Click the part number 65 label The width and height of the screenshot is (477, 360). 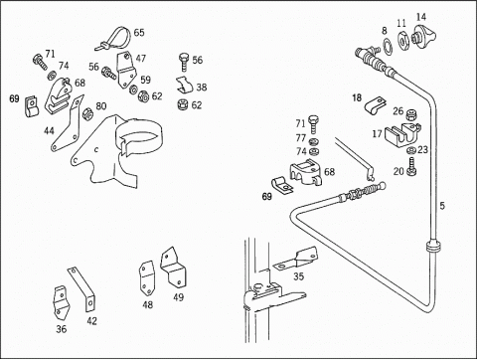point(139,33)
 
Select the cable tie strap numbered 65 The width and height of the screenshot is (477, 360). point(114,40)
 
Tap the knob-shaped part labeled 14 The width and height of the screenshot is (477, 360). point(423,37)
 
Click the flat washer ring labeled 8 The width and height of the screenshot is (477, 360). point(388,46)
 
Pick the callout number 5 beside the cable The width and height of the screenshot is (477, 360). point(442,206)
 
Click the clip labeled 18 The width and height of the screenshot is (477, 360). point(376,105)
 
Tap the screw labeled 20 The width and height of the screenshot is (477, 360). point(412,167)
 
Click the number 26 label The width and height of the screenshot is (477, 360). point(398,111)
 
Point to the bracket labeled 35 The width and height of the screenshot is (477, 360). point(295,259)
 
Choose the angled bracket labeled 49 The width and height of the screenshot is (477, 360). point(173,268)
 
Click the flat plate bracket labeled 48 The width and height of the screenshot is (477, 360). point(147,278)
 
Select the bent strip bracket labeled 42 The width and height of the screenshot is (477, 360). point(82,289)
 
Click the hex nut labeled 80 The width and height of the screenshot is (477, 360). point(87,114)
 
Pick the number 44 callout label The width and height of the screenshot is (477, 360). point(49,131)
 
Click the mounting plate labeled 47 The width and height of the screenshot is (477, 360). point(126,71)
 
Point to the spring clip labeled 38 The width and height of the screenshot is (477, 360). point(184,85)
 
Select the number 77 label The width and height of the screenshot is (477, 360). point(301,138)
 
